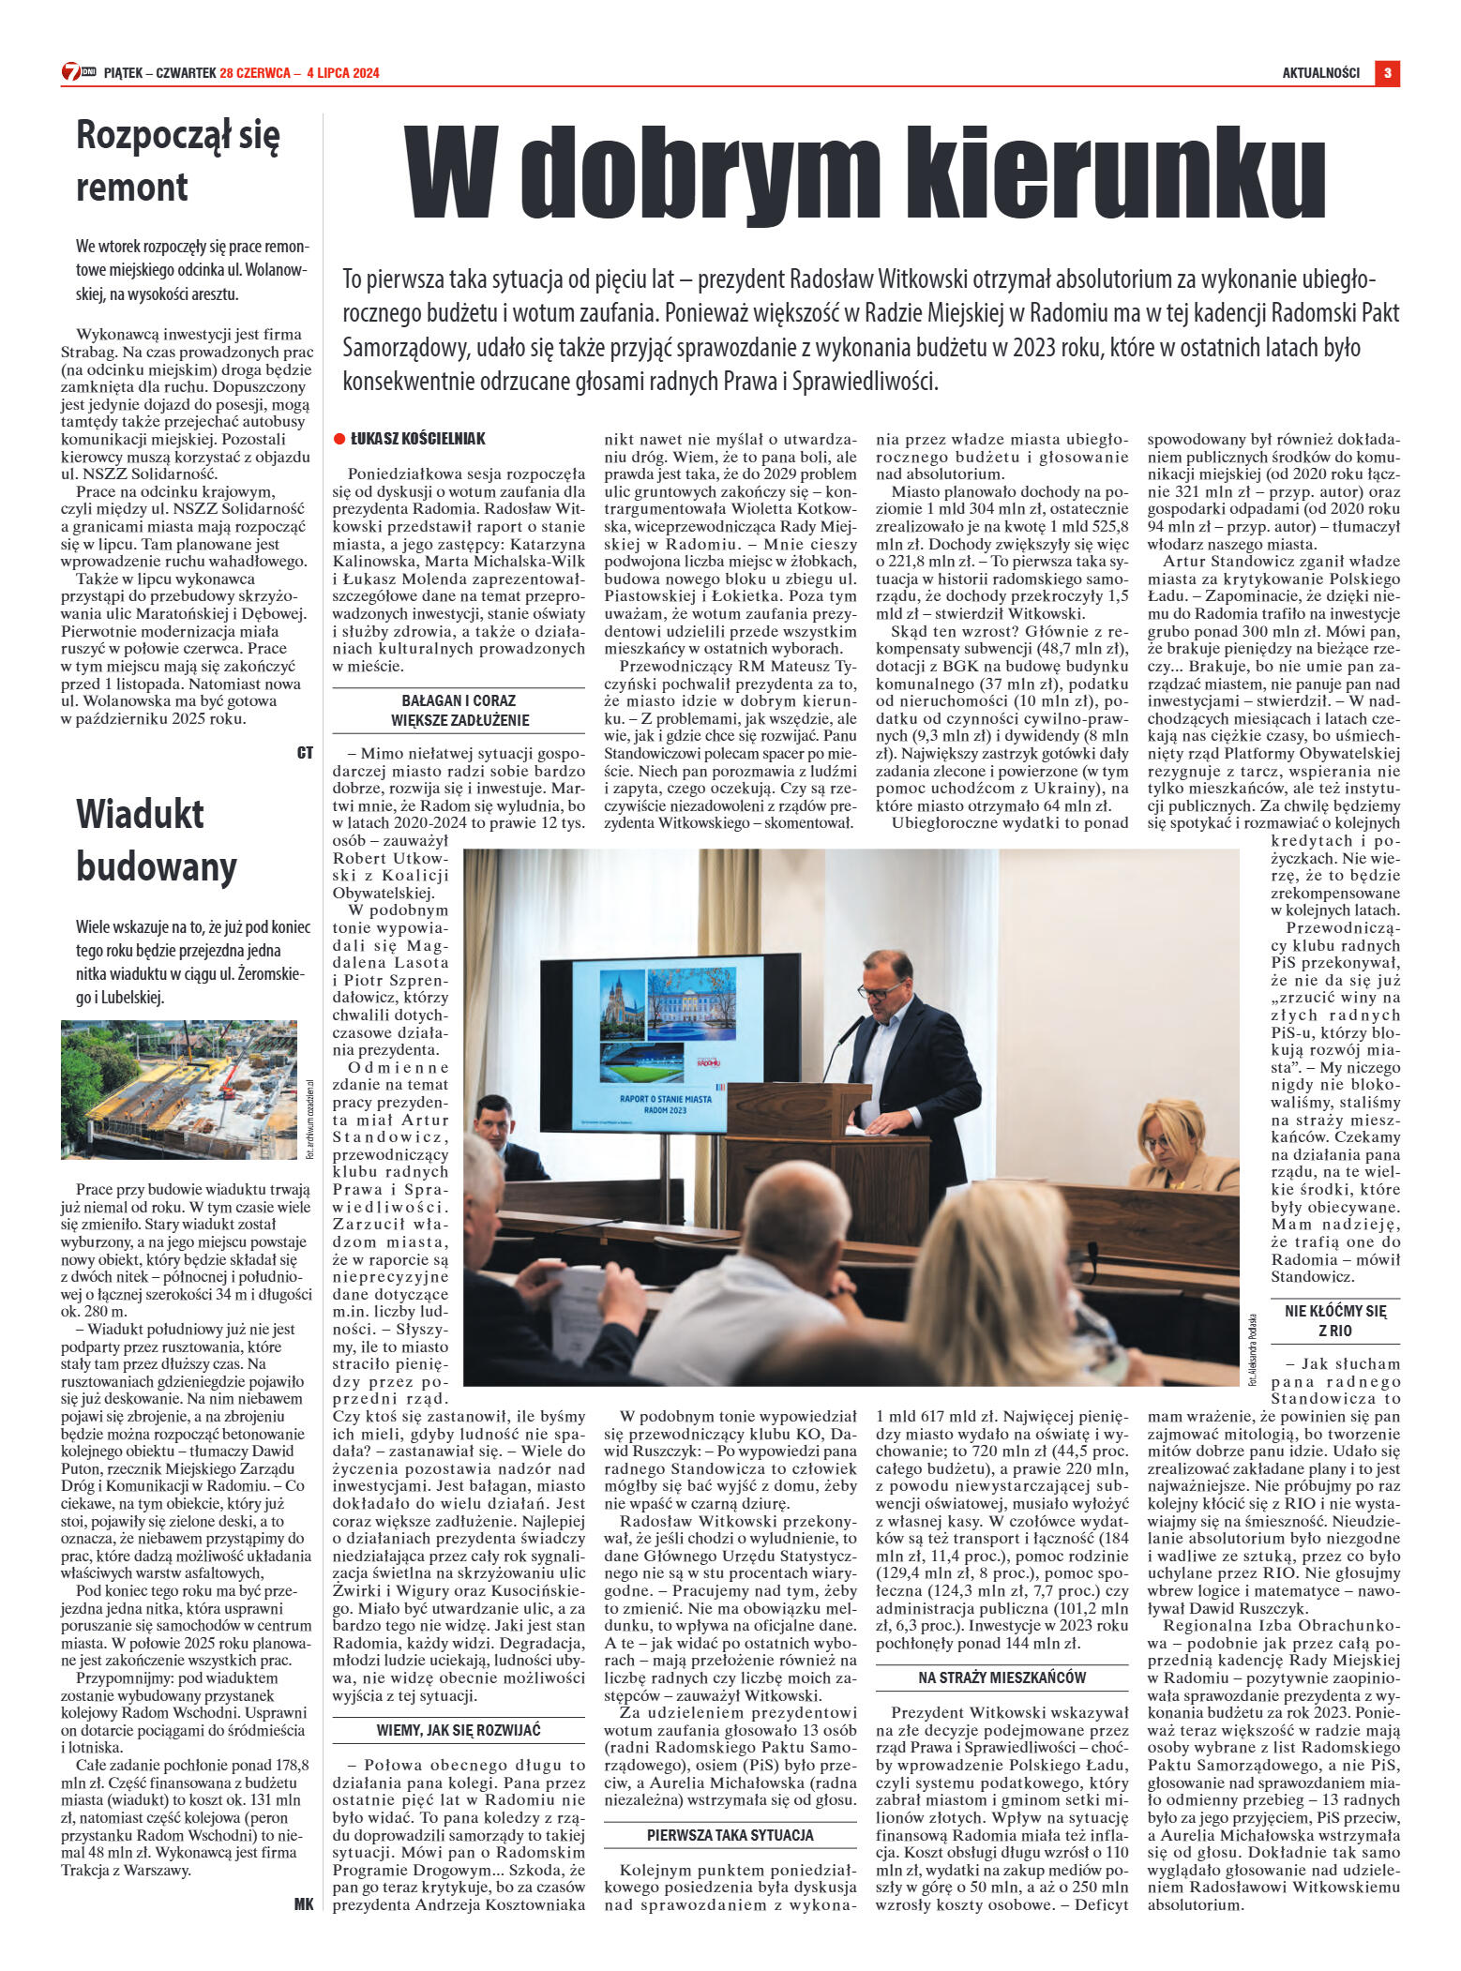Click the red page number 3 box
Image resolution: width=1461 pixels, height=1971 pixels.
[x=1387, y=72]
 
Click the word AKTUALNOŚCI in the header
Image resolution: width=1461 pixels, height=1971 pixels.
[x=1320, y=73]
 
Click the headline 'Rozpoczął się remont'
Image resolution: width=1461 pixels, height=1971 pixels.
[x=177, y=160]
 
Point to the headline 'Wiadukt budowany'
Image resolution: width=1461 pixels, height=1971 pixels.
[x=156, y=839]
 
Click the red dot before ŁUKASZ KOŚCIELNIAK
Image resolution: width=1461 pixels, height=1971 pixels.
[x=339, y=439]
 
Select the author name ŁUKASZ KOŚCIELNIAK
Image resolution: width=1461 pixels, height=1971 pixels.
[x=417, y=439]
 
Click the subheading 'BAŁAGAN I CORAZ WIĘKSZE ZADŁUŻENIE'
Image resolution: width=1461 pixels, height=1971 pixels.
[x=459, y=710]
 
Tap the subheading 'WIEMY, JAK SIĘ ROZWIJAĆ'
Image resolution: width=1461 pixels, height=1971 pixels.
[x=459, y=1730]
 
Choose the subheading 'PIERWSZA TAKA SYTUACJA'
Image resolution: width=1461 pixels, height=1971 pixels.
[x=730, y=1835]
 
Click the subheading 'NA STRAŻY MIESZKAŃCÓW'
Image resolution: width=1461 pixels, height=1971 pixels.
[x=1002, y=1678]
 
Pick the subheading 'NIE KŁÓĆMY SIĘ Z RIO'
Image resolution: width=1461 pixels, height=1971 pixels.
[x=1335, y=1320]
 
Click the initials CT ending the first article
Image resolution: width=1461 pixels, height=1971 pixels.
[x=305, y=752]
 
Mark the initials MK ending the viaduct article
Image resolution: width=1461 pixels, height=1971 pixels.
[x=304, y=1903]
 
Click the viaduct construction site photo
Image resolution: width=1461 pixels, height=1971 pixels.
[x=178, y=1090]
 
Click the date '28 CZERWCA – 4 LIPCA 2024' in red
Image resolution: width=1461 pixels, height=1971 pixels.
[x=299, y=73]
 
